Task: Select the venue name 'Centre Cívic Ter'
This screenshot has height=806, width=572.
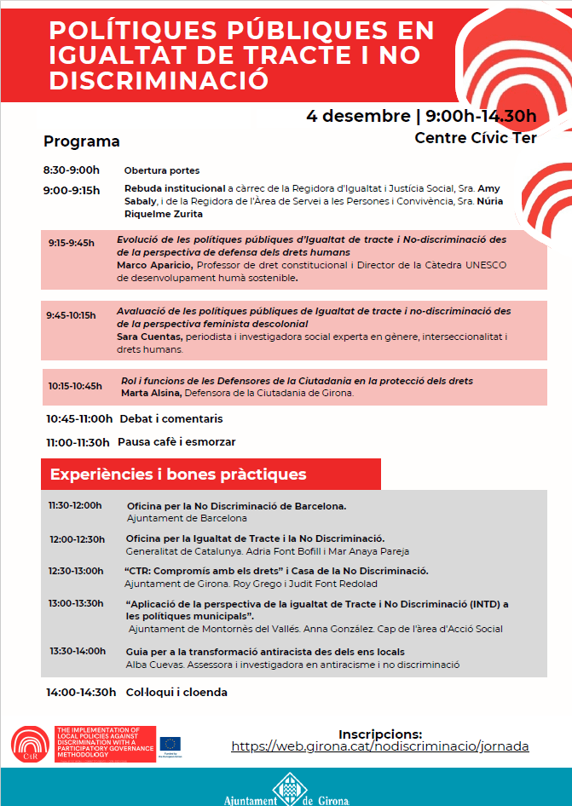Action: (x=476, y=137)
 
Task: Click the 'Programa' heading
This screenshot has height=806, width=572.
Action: (x=82, y=141)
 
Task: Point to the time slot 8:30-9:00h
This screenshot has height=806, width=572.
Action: (x=72, y=170)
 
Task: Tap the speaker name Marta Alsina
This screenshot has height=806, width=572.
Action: (x=147, y=393)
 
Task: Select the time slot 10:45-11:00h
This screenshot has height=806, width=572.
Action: (x=79, y=419)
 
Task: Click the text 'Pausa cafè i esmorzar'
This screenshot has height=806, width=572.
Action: (x=176, y=442)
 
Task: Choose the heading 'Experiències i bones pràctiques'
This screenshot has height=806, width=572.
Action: (x=178, y=474)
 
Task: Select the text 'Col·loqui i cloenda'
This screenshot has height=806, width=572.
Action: (x=176, y=692)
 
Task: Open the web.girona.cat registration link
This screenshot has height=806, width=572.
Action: (x=380, y=746)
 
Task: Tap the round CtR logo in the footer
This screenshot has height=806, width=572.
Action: (x=31, y=746)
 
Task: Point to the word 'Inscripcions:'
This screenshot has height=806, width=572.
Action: (x=380, y=733)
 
